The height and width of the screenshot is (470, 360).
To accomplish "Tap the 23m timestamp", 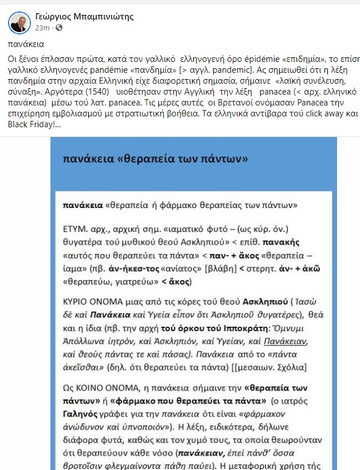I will [x=42, y=28].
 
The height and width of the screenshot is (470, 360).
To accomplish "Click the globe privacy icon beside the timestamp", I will [x=59, y=28].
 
